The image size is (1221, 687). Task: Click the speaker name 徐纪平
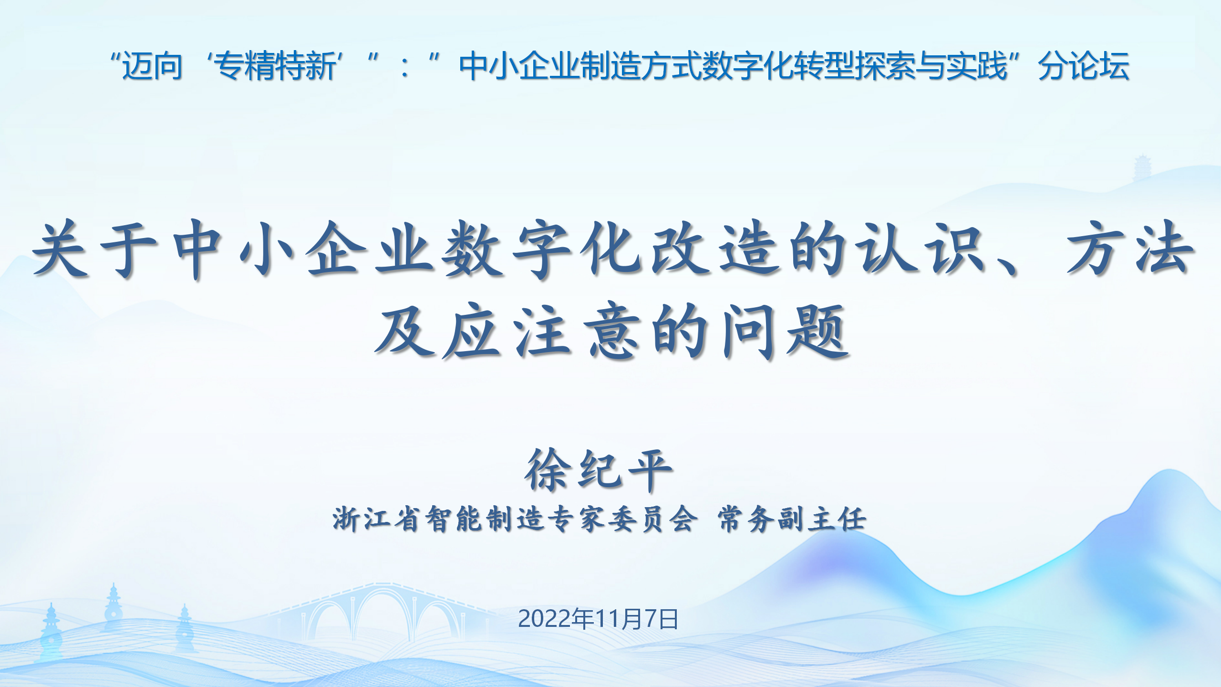click(599, 470)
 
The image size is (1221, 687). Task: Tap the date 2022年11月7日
click(598, 619)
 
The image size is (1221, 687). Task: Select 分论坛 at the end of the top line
click(1084, 66)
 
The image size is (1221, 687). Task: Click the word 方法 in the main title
click(1130, 249)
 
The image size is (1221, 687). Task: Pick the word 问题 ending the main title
click(785, 331)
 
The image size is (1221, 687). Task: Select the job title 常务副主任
click(792, 519)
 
